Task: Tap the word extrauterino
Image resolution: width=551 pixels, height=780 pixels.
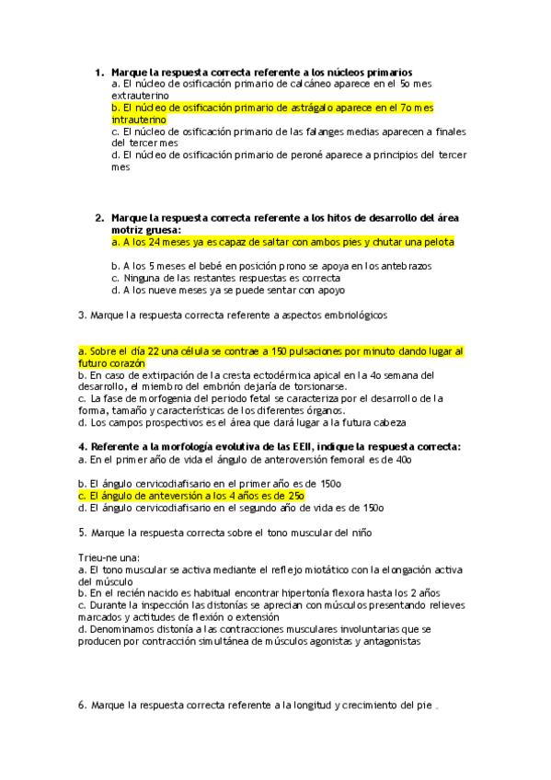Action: coord(139,96)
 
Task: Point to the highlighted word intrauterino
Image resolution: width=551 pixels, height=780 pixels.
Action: coord(139,120)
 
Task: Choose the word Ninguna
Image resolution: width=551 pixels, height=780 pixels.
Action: coord(144,278)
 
